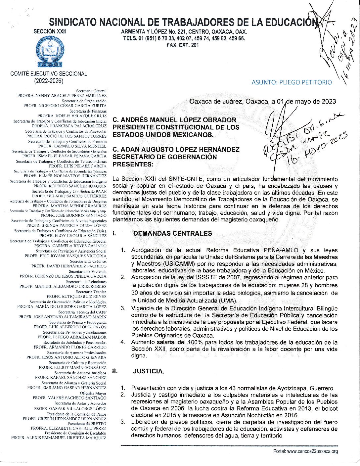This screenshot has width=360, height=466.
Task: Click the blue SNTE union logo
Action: (x=50, y=51)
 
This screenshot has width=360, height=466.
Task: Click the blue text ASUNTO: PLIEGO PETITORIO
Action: (x=292, y=82)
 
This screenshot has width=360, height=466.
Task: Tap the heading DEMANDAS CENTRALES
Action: (x=172, y=233)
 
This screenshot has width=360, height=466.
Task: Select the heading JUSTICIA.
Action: (x=149, y=371)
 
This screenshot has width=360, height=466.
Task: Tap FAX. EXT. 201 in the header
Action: (x=183, y=45)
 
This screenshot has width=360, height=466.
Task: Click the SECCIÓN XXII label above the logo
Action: (x=50, y=31)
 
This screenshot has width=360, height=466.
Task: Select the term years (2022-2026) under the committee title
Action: (x=49, y=80)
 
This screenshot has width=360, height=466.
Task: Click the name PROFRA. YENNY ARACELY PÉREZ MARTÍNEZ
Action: (x=62, y=96)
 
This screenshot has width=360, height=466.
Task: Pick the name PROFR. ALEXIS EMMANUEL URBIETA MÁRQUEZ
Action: (x=59, y=438)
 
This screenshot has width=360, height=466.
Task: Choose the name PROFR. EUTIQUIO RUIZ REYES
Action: (x=76, y=297)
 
